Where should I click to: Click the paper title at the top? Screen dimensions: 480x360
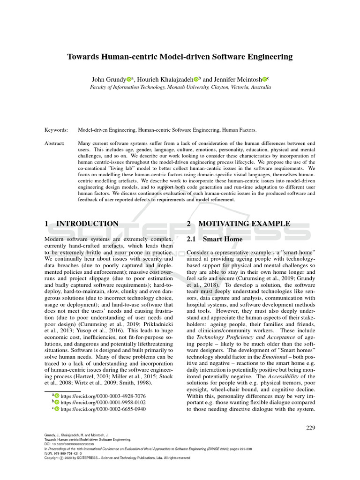tap(180, 57)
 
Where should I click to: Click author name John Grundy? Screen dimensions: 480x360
tap(108, 79)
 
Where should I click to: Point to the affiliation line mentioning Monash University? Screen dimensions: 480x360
tap(180, 87)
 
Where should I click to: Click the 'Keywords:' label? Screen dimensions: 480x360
tap(56, 130)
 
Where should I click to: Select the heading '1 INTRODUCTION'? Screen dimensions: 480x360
tap(82, 224)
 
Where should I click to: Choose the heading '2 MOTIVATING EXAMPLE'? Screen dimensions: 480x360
tap(238, 224)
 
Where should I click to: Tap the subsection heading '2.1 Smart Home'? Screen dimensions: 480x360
tap(215, 239)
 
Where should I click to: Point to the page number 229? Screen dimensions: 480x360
tap(310, 427)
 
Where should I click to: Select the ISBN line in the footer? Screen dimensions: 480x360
tap(63, 453)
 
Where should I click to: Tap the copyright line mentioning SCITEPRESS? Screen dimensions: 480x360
tap(117, 458)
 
